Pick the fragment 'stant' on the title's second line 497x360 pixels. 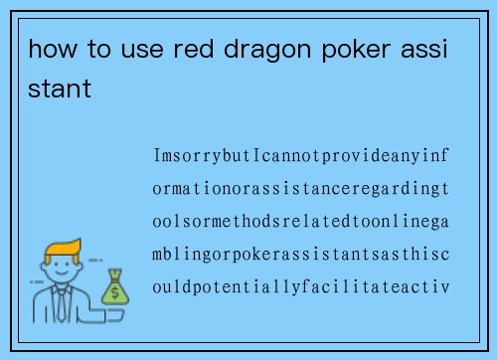61,90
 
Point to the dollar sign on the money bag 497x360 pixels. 115,291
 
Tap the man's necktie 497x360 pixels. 62,304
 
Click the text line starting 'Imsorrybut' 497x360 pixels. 301,157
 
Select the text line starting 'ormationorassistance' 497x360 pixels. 301,190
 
